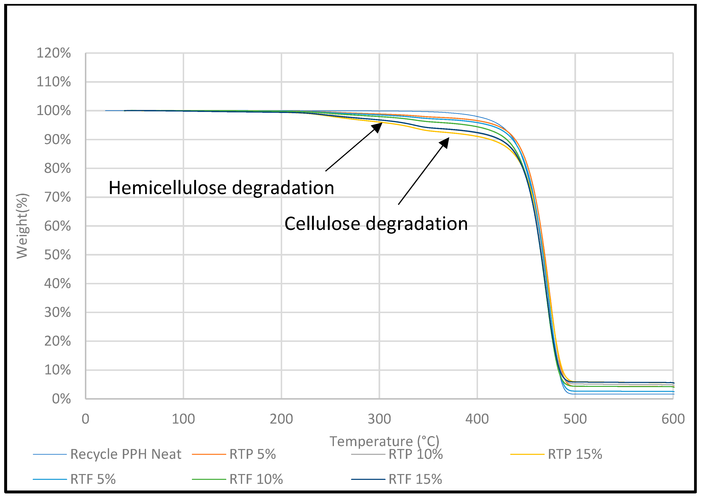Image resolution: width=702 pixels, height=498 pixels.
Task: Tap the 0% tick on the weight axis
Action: pos(61,399)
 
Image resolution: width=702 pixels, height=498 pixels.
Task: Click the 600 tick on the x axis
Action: pos(673,419)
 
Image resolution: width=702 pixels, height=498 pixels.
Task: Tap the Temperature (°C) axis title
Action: pos(384,442)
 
